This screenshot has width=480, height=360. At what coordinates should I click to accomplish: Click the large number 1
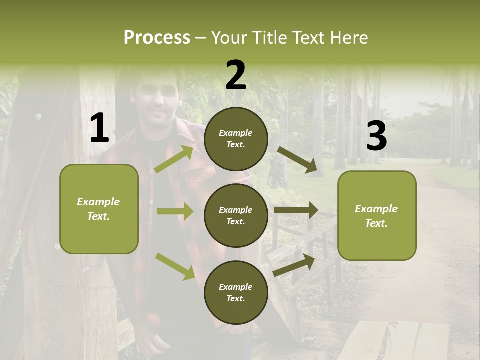coord(99,128)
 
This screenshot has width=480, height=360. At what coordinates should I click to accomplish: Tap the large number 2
coord(236,75)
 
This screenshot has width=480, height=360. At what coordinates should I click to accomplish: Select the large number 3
coord(376,136)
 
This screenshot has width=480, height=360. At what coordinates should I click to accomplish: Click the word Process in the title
coord(157,37)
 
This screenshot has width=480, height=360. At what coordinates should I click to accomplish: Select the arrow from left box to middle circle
coord(175,211)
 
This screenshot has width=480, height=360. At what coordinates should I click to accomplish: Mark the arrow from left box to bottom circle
coord(175,266)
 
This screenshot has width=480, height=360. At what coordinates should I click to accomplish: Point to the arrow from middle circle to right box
coord(295,210)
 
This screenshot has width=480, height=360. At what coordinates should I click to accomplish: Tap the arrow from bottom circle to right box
coord(294,265)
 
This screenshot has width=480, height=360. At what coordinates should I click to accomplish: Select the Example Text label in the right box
coord(376,216)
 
